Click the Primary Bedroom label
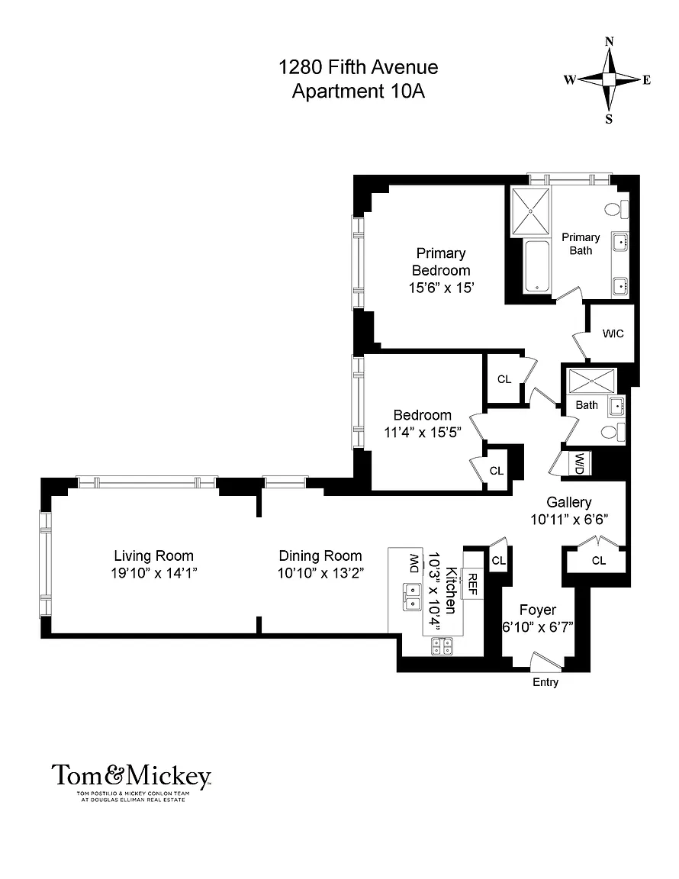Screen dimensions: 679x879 441,262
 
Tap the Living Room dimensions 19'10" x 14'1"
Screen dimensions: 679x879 153,573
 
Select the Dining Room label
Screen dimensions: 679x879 320,555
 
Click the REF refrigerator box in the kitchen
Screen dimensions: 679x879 472,584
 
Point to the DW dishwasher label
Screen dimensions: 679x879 414,563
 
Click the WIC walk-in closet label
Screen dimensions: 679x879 613,333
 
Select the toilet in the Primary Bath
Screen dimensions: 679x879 616,210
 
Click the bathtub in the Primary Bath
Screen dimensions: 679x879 537,267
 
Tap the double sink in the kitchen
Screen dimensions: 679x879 412,597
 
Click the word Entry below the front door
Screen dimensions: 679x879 545,682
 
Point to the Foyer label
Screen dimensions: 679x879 538,610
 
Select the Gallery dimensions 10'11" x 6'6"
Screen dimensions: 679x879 569,519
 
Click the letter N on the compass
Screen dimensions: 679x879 610,41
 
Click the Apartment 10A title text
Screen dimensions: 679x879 359,91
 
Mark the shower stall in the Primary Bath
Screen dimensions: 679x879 530,212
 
